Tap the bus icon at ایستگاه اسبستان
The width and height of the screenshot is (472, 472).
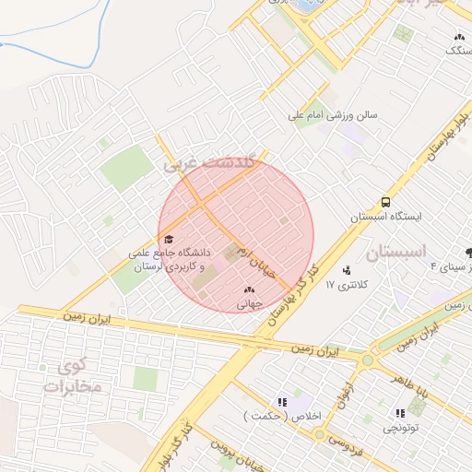coord(384,202)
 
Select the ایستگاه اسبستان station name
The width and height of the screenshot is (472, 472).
coord(384,218)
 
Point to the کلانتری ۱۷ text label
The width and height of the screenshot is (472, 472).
coord(347,285)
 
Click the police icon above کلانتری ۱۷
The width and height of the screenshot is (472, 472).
coord(347,270)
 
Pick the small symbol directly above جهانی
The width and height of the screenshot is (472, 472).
coord(249,289)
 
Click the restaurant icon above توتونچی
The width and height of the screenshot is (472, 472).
coord(399,413)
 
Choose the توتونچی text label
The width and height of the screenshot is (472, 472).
coord(398,429)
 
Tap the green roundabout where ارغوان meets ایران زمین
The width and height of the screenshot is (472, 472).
coord(369,360)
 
